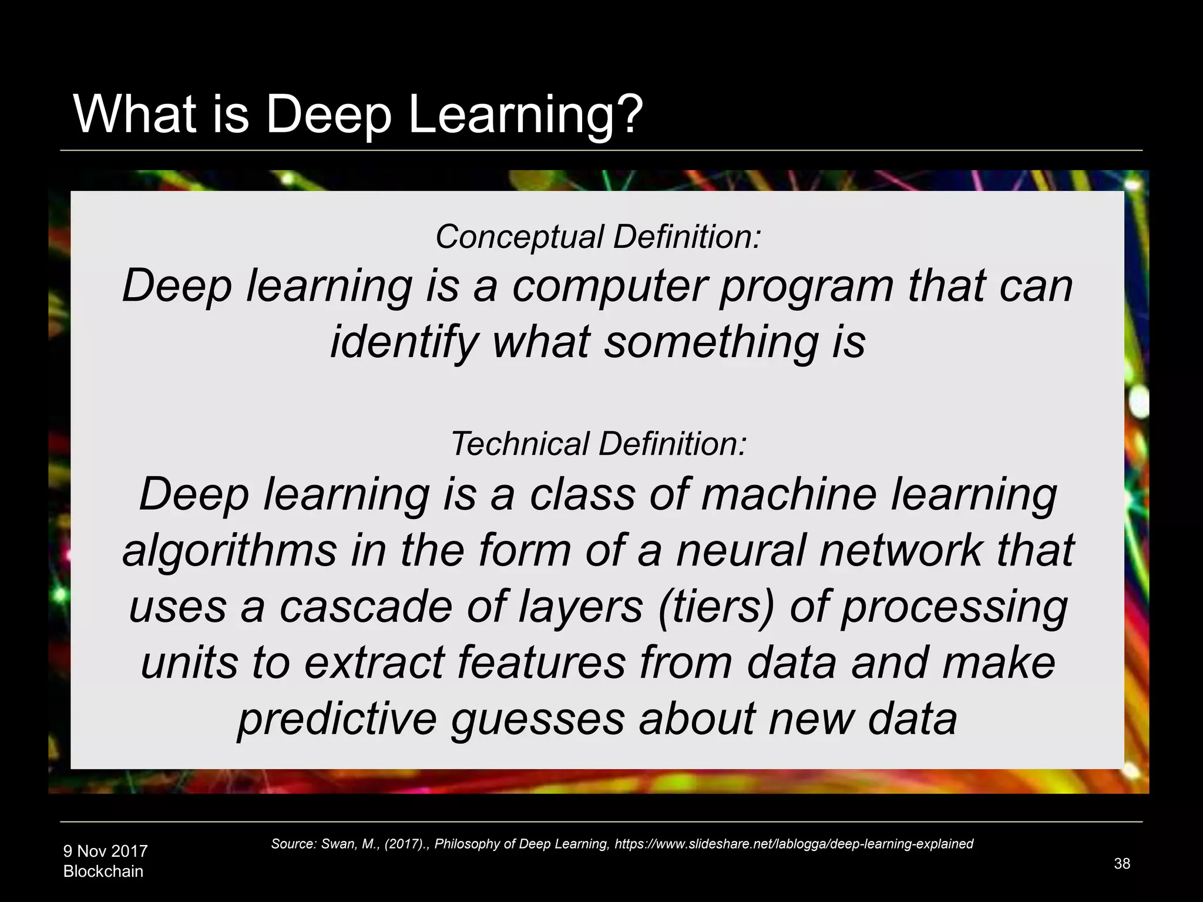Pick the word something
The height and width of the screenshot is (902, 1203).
[711, 342]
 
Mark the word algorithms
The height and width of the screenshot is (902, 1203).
[230, 551]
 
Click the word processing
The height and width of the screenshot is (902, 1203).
[955, 608]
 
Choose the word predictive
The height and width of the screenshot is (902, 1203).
[337, 719]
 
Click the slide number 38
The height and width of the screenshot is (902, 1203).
[1122, 863]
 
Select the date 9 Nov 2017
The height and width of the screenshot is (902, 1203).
[105, 851]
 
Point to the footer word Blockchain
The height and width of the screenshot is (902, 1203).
[103, 871]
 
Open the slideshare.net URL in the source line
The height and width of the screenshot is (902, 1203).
[794, 844]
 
